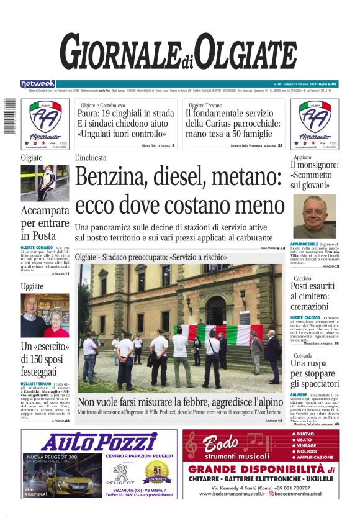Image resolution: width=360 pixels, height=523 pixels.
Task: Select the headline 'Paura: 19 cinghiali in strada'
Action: [x=126, y=113]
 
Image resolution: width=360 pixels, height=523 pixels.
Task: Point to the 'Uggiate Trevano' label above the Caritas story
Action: [x=205, y=106]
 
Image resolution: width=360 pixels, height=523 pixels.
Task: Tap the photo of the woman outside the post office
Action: [x=45, y=183]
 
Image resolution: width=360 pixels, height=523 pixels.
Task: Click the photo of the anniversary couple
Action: [x=45, y=315]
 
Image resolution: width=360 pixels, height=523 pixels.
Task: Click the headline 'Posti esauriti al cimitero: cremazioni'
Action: [x=315, y=297]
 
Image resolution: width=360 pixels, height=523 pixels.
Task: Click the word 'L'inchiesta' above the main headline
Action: [x=91, y=158]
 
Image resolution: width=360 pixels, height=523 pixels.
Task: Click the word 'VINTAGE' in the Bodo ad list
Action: [x=308, y=445]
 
